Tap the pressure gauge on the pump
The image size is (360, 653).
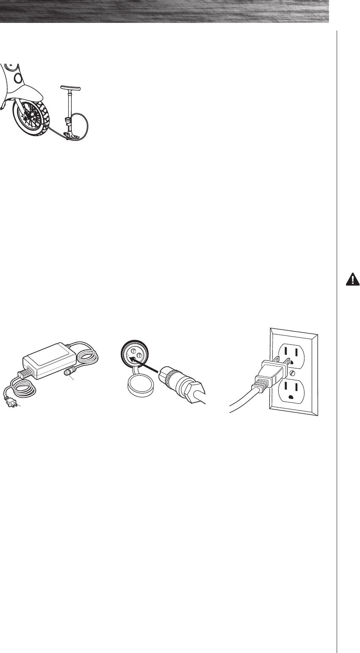point(67,123)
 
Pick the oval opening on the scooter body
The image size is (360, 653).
point(18,78)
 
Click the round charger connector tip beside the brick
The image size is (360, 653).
point(67,374)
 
